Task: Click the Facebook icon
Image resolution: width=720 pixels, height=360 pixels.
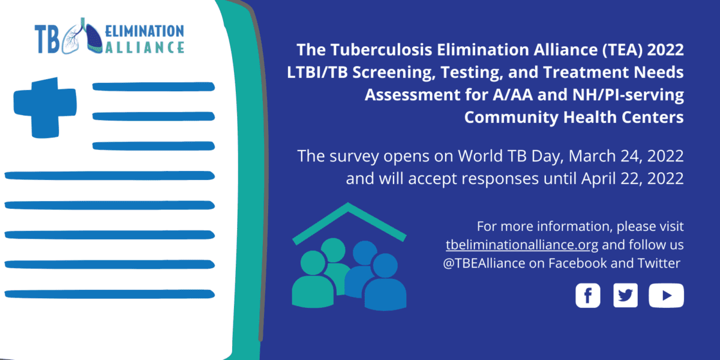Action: [587, 295]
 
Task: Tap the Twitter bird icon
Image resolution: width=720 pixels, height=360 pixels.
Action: [625, 295]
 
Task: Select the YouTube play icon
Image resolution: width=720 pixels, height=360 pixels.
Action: [665, 295]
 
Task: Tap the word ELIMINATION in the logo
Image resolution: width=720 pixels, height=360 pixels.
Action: [144, 31]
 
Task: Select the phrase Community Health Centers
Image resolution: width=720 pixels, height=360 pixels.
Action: [574, 117]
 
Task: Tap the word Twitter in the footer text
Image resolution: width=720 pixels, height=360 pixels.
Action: [659, 263]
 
